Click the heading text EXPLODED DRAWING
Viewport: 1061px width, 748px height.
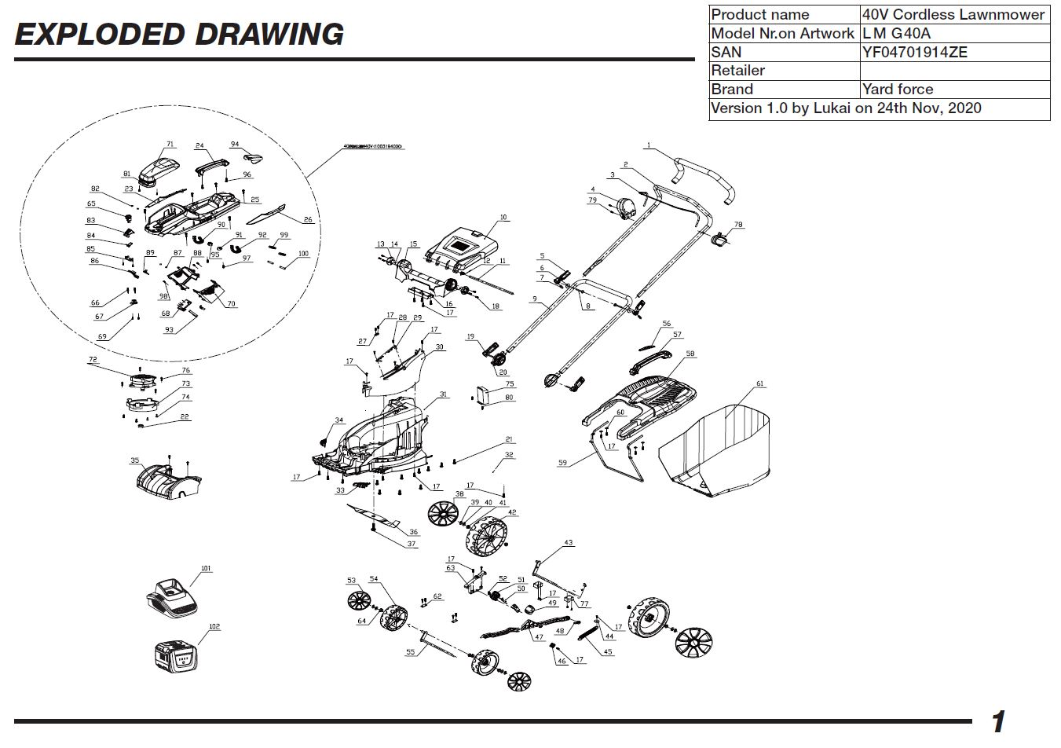click(x=179, y=35)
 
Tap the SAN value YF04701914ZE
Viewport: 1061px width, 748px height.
click(x=914, y=52)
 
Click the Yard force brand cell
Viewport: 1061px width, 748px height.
click(x=897, y=89)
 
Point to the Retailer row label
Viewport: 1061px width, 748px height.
click(x=737, y=71)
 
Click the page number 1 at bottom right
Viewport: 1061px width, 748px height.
click(x=997, y=721)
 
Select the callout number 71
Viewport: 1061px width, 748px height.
click(x=170, y=145)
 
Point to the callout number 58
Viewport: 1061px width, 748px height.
click(x=690, y=354)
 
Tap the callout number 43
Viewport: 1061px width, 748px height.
click(x=569, y=543)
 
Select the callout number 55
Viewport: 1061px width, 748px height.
click(x=410, y=652)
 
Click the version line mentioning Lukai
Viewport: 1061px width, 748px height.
click(x=845, y=108)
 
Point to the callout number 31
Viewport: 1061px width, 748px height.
click(x=443, y=394)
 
